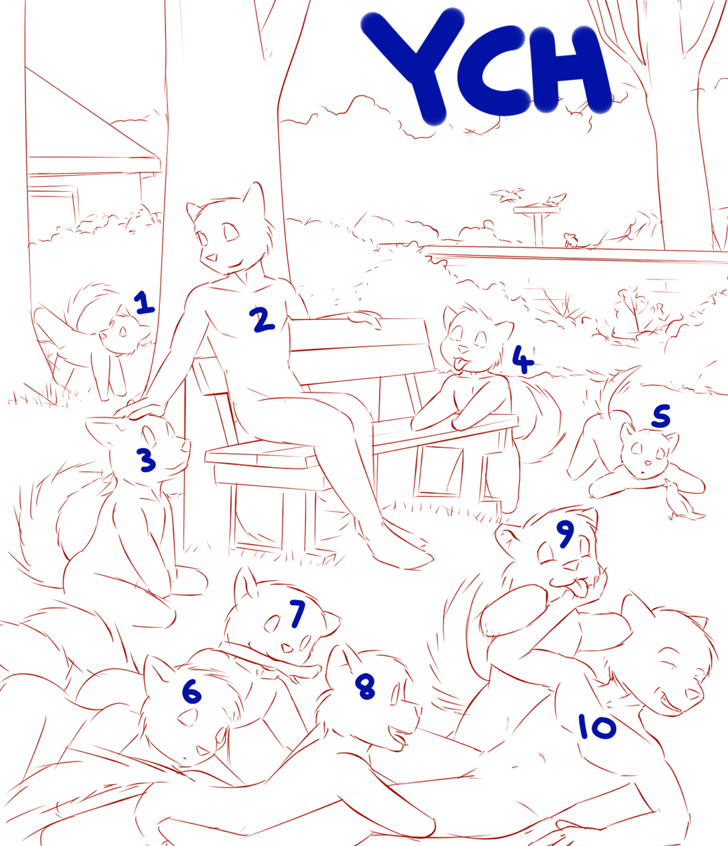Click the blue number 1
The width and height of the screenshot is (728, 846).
(144, 303)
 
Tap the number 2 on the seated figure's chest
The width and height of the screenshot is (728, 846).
(262, 320)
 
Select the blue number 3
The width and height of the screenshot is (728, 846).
(147, 460)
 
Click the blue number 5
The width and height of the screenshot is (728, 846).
(661, 416)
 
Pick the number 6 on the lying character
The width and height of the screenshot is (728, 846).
(192, 692)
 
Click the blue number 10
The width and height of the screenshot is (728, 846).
(598, 726)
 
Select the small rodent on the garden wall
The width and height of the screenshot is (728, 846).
(570, 240)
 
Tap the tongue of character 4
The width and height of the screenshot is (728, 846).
(459, 363)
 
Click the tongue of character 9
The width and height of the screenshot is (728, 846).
(579, 590)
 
